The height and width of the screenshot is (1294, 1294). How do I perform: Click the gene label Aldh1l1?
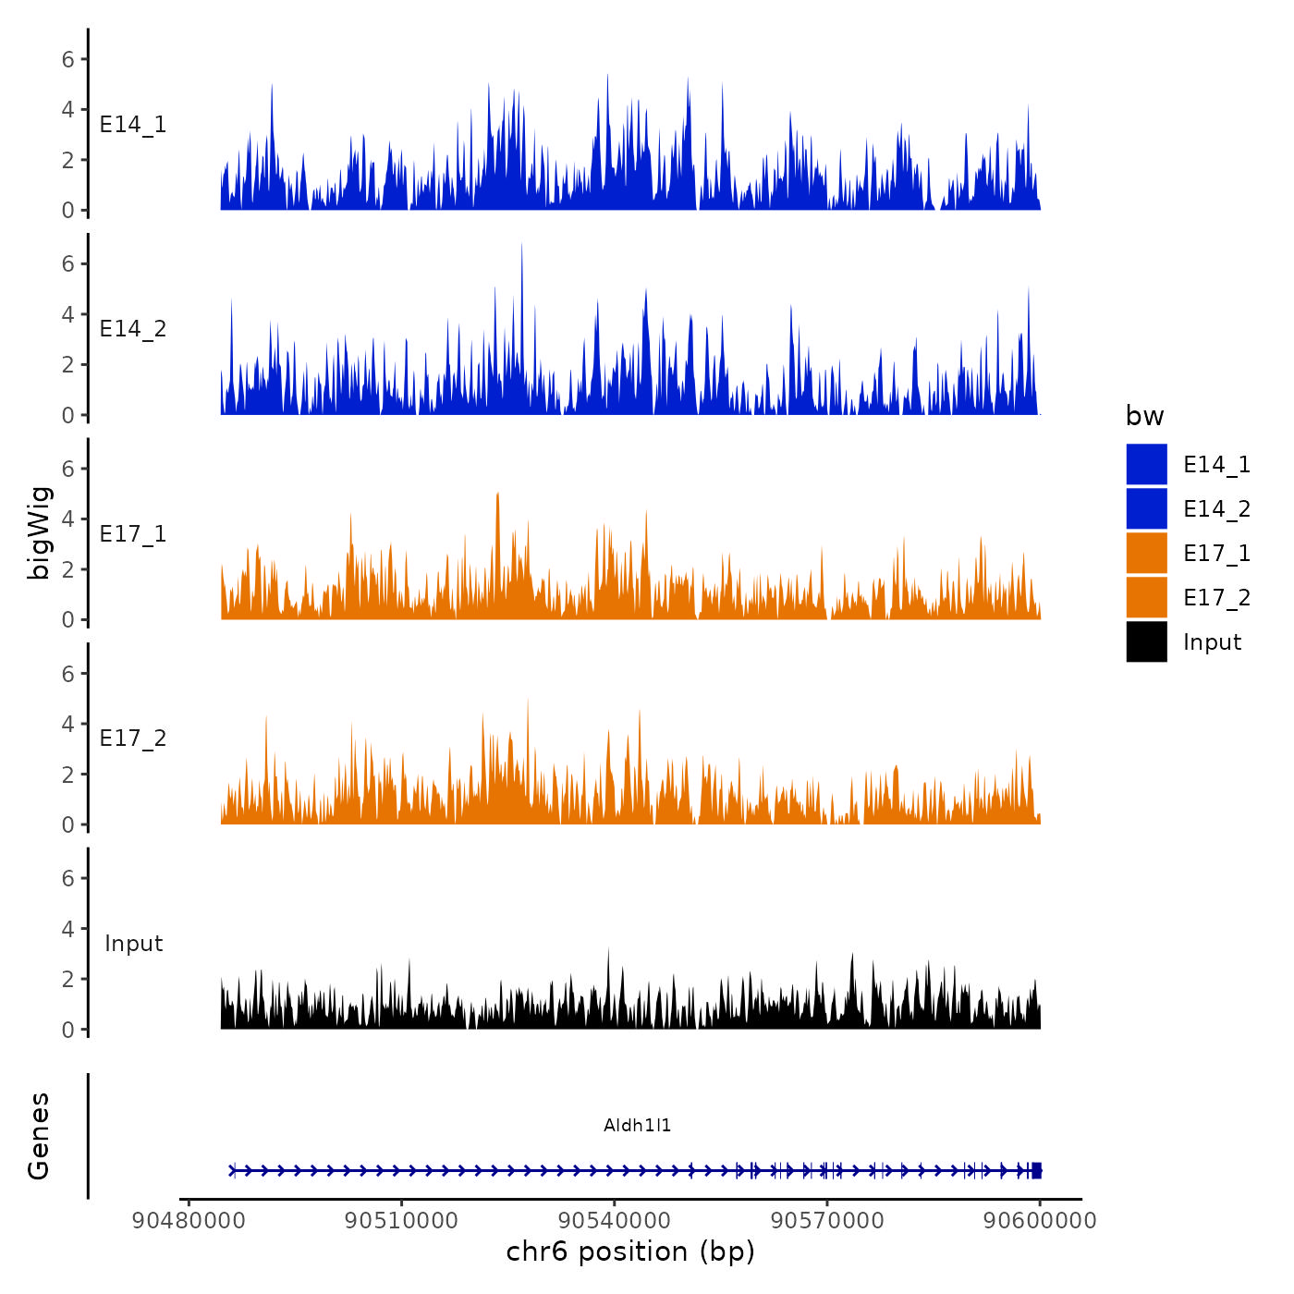(637, 1125)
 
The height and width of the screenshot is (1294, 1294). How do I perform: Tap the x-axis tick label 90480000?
(189, 1221)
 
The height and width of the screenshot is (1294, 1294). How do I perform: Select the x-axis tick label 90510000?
(401, 1221)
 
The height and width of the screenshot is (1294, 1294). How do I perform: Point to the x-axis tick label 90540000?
(614, 1221)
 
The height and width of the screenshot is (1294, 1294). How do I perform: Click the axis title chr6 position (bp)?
(630, 1251)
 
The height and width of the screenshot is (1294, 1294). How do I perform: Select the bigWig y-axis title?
(40, 532)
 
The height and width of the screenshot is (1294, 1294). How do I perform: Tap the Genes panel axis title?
(40, 1136)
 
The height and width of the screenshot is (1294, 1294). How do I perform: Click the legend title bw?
(1144, 416)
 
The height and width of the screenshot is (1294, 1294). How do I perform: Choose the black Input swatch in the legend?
(1146, 641)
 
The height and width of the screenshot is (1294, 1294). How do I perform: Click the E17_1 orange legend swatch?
(1146, 553)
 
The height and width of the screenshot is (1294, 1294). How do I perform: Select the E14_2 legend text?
(1216, 509)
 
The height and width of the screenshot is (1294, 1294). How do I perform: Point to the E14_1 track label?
(133, 125)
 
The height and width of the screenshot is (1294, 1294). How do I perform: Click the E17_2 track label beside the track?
(133, 739)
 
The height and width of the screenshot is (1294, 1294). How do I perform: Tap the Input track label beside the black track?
(133, 944)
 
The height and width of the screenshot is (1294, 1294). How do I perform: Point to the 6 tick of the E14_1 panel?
(67, 59)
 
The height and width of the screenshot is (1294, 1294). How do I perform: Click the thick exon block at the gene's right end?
(1036, 1170)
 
